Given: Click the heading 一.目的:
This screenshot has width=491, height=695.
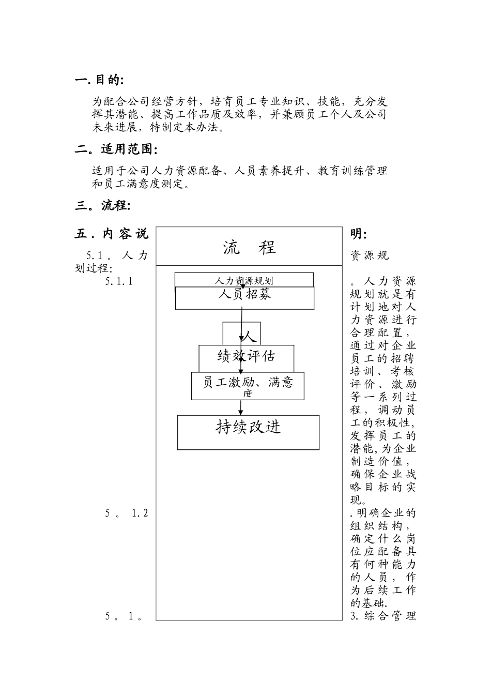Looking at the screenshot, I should (99, 80).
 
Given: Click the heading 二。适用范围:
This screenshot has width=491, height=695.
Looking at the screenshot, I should (116, 149).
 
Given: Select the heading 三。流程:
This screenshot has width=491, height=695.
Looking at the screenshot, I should (102, 205).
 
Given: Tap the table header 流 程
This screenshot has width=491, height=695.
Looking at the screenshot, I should (249, 247).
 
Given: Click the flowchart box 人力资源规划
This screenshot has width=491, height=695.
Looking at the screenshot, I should (244, 280).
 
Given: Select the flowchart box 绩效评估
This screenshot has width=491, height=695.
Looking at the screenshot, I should (246, 356).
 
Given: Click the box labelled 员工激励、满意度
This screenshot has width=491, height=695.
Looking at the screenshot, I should (248, 385).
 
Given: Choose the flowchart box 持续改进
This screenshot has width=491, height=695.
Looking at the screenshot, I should (248, 428).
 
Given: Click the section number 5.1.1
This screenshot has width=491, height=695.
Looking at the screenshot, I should (119, 281).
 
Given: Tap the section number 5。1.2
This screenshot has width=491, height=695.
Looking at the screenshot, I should (127, 513).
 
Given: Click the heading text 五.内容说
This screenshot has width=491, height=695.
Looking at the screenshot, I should (111, 234).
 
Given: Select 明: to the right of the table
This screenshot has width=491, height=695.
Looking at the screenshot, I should (359, 234).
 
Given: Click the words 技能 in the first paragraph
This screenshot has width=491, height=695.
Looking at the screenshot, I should (329, 101).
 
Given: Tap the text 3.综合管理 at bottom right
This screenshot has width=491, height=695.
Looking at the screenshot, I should (383, 616).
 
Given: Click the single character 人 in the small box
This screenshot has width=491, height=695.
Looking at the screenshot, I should (249, 337).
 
